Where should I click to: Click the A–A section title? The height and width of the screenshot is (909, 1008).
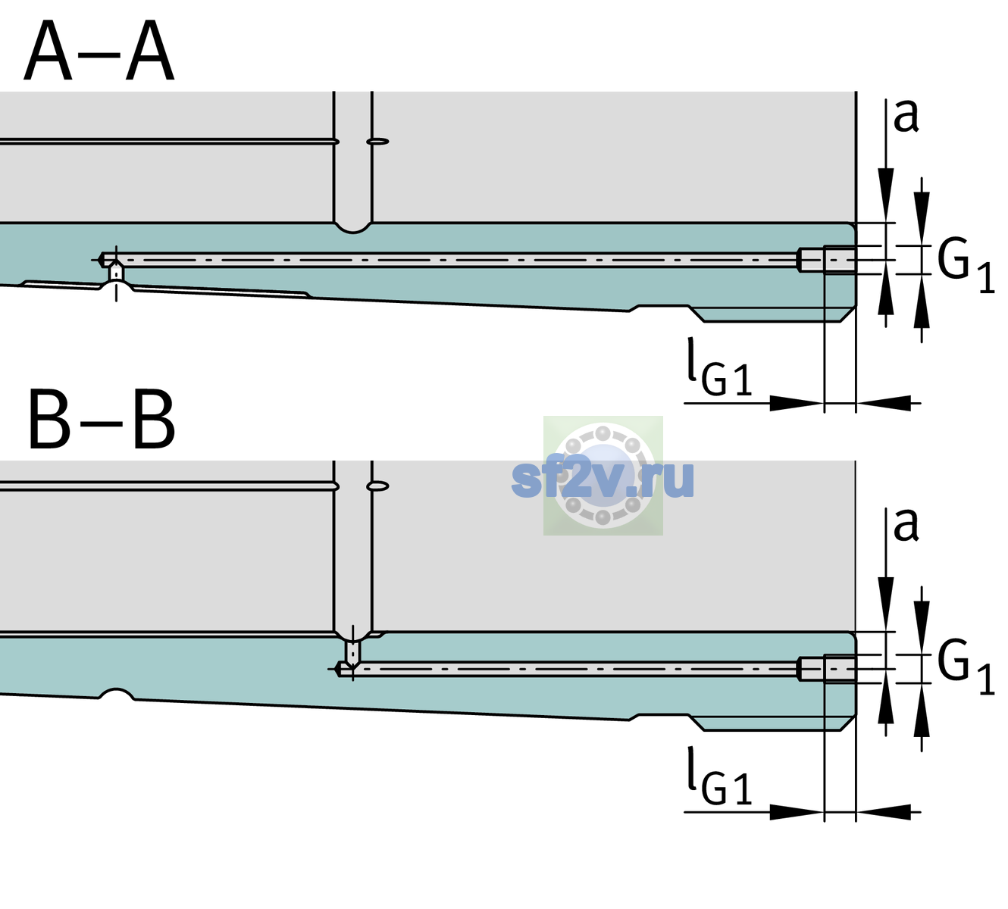pos(99,51)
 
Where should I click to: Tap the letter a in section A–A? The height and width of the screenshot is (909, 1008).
pos(906,117)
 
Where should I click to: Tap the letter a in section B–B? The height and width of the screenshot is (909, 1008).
pos(906,526)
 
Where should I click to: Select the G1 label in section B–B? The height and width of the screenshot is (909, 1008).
pos(966,668)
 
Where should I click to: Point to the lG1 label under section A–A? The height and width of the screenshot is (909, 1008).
pos(719,367)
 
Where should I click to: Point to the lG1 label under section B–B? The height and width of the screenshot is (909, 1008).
pos(719,776)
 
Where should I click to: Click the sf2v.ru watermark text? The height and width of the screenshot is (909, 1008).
pos(603,479)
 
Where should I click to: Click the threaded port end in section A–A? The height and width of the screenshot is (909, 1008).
pos(827,260)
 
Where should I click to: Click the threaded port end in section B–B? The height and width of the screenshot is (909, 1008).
pos(827,669)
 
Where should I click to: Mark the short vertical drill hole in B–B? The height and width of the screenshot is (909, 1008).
pos(353,652)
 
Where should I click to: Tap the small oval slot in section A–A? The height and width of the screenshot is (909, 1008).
pos(377,142)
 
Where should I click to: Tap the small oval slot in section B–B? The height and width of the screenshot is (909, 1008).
pos(377,486)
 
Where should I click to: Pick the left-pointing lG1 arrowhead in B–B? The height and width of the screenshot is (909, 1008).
pos(884,812)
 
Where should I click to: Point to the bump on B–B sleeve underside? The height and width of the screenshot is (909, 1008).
pos(116,694)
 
